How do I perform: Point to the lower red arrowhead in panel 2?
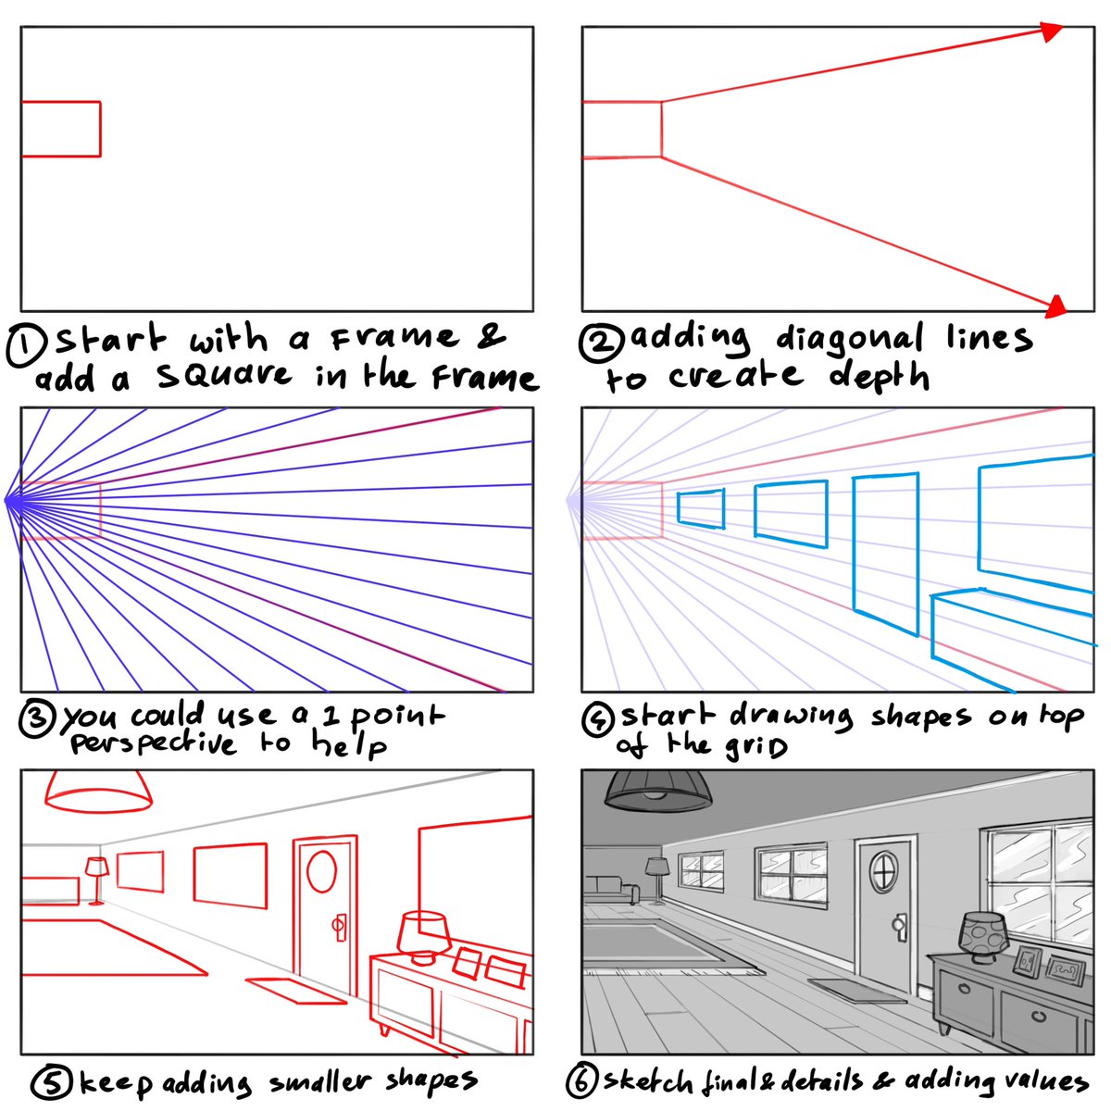1055,306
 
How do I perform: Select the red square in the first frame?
61,129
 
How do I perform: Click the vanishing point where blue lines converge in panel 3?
6,500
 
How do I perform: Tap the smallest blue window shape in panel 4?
701,508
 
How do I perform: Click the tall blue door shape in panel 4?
885,554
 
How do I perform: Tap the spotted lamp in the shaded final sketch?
981,935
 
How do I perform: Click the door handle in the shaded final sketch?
899,925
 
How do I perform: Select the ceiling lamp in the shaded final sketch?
657,789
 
